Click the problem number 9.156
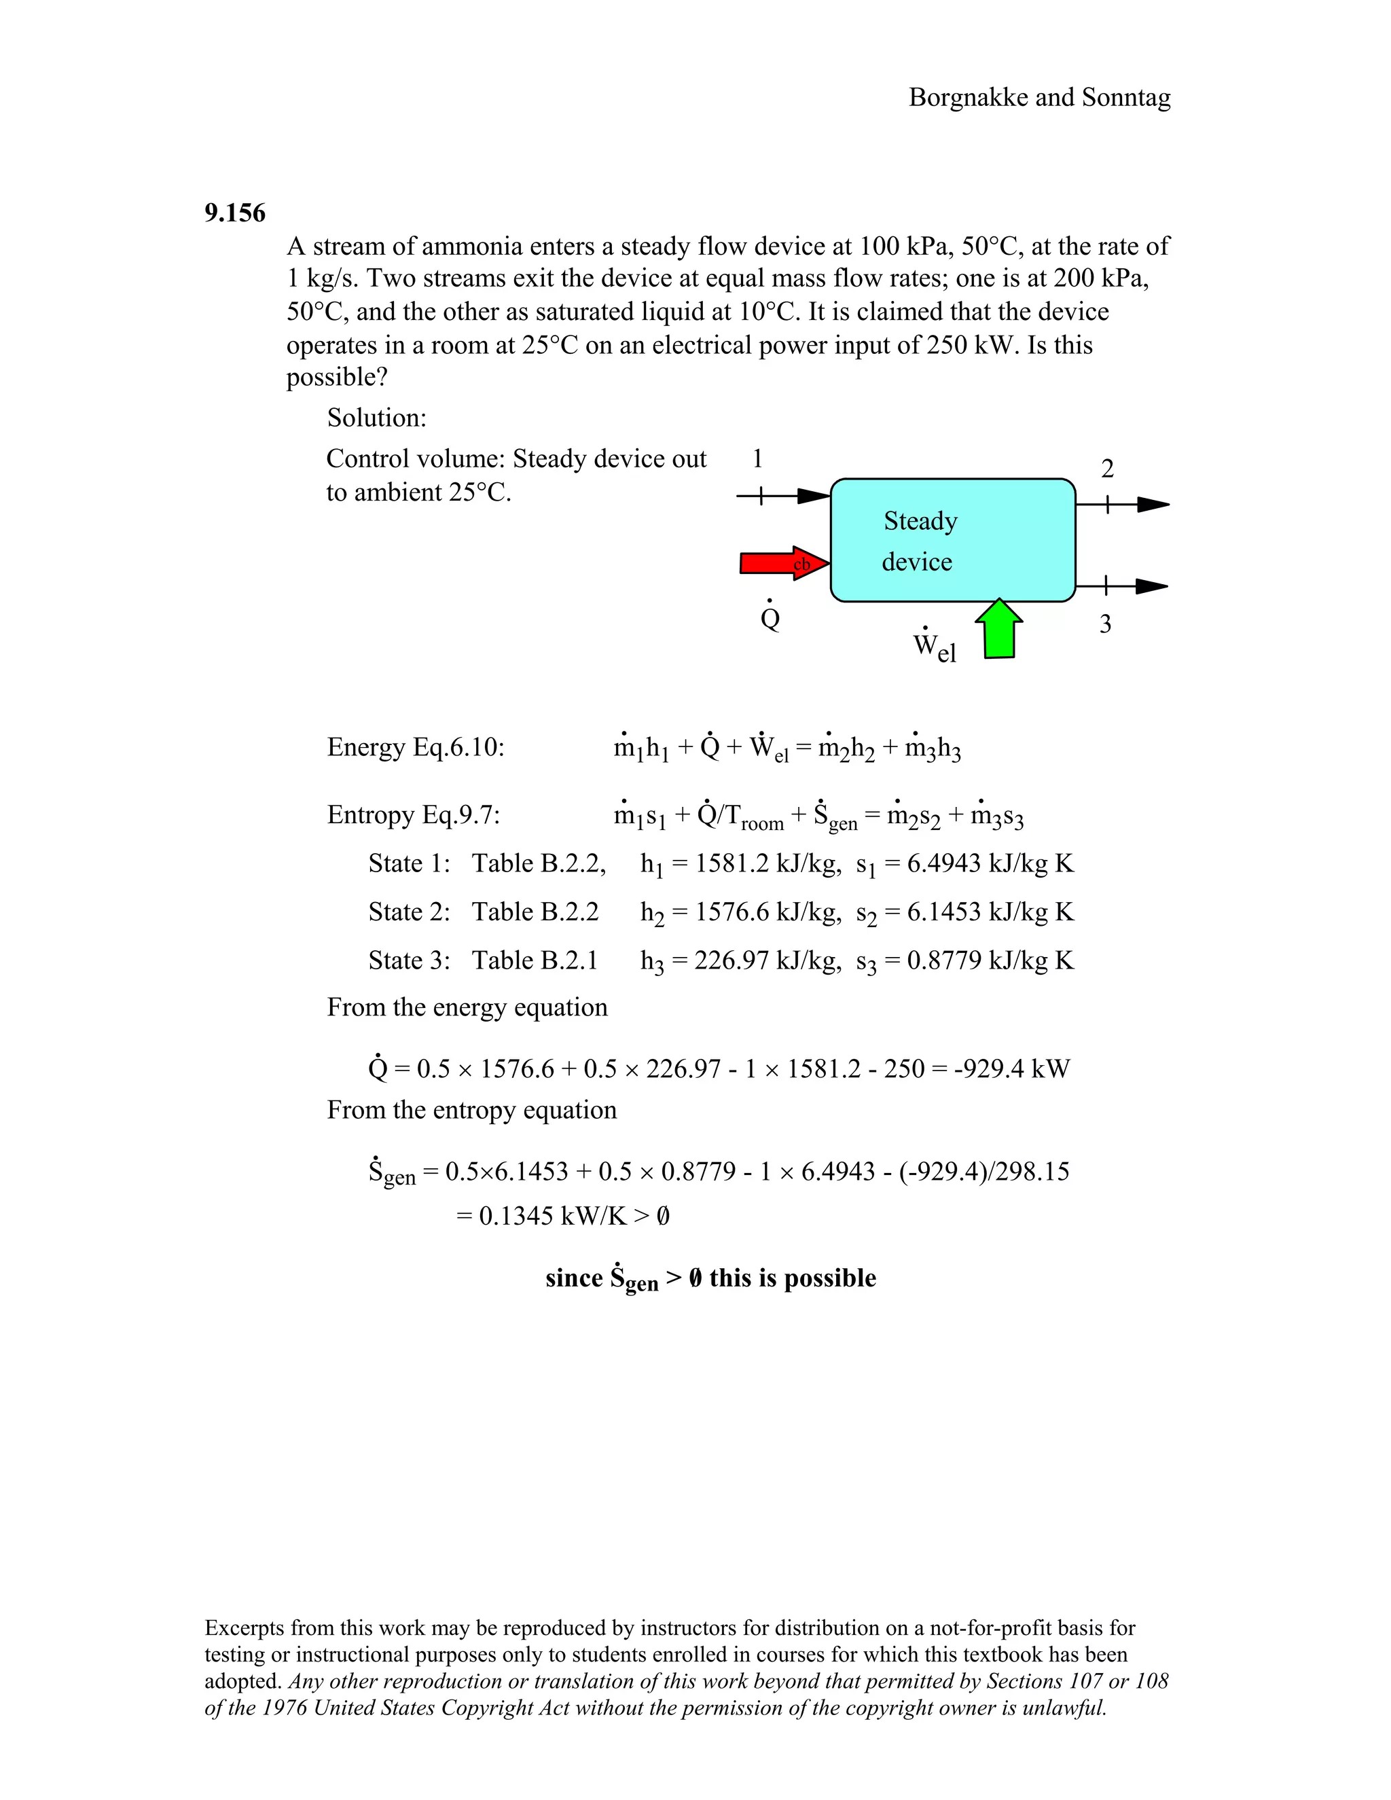235,213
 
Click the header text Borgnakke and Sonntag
1039,97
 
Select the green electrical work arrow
998,630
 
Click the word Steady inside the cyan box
920,521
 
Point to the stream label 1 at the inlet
757,458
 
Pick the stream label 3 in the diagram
1105,624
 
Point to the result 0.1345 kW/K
552,1216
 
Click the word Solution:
376,418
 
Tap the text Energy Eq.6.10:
415,748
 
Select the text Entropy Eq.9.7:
414,815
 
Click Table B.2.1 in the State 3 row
535,960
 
